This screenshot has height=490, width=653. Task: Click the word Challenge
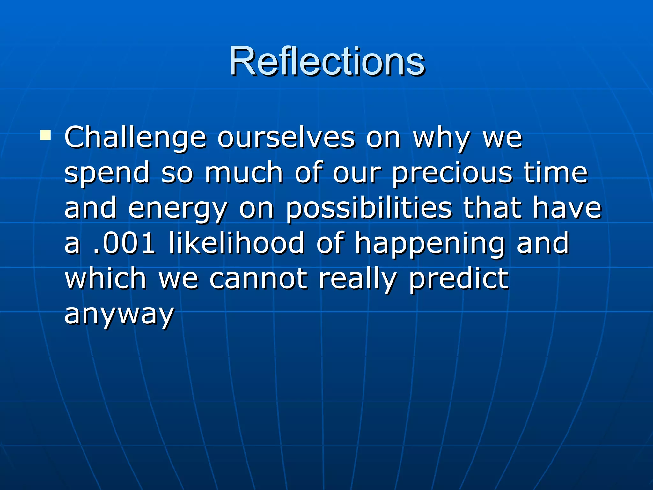[x=135, y=138]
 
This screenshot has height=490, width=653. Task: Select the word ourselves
[x=286, y=138]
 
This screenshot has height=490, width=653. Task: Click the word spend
[x=107, y=173]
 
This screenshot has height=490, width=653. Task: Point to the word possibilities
[x=368, y=209]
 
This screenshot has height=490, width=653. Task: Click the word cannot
[x=258, y=279]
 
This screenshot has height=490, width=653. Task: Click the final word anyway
[x=119, y=314]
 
